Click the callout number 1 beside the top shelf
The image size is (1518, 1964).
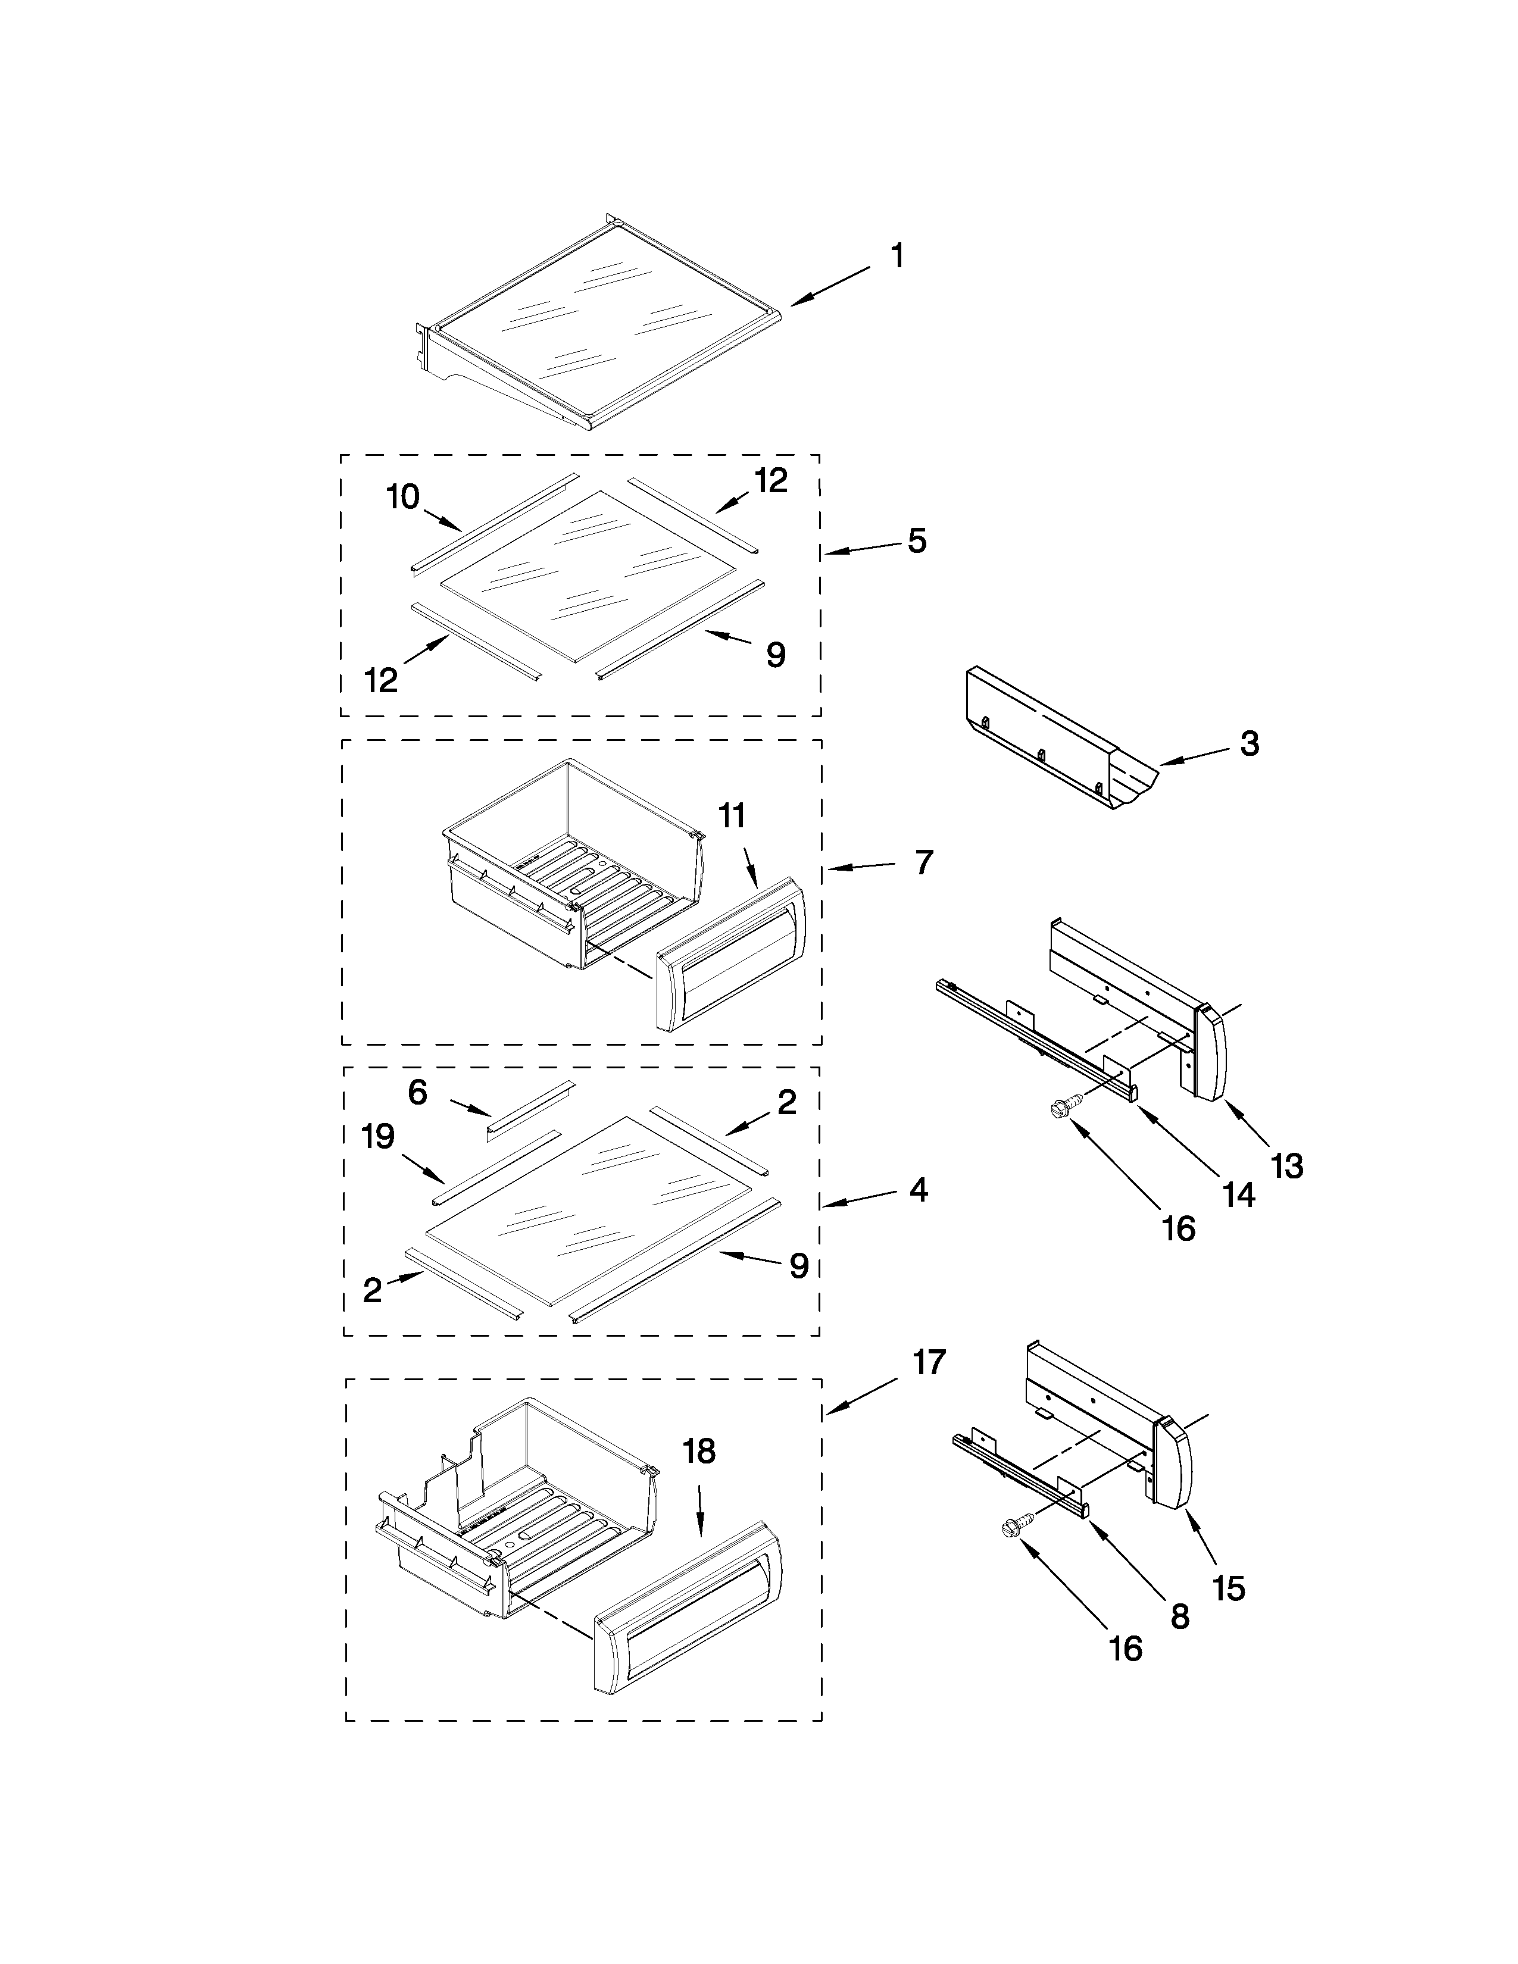pyautogui.click(x=897, y=257)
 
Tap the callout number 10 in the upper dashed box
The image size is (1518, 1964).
pyautogui.click(x=403, y=496)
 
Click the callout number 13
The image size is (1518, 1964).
pyautogui.click(x=1287, y=1166)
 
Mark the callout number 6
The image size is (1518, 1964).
pyautogui.click(x=417, y=1093)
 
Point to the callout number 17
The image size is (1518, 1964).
pyautogui.click(x=929, y=1362)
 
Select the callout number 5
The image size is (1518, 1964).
pyautogui.click(x=916, y=542)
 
